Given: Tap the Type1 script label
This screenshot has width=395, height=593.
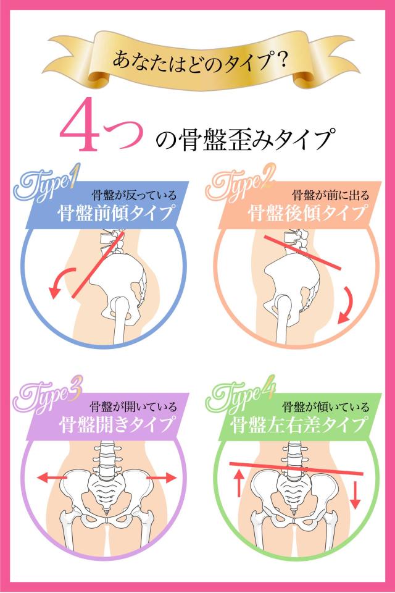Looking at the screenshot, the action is point(46,186).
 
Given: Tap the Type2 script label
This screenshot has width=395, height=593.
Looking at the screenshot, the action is point(241,186).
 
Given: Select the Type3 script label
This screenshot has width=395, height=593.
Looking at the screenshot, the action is point(46,397).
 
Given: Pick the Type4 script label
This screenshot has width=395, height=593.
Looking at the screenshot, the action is point(241,397).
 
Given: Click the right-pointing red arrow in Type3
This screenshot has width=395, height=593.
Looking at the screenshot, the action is point(162,478).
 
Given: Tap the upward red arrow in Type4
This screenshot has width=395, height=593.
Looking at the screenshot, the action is point(238,483).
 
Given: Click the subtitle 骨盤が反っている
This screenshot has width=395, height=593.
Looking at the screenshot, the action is point(134,195).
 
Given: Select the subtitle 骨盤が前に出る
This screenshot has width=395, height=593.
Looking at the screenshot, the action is point(331,195).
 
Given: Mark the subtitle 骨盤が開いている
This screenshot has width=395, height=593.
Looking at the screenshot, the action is point(133,407).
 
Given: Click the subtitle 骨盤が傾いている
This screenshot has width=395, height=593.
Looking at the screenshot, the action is point(326,407).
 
